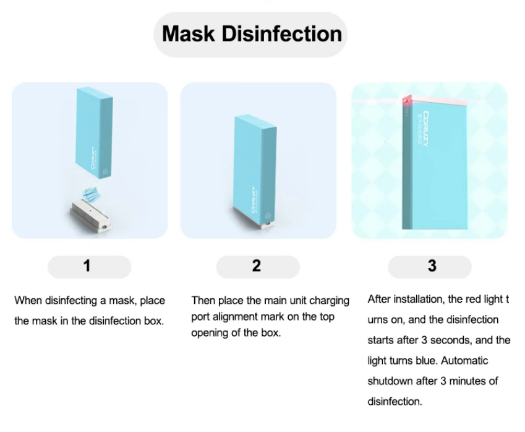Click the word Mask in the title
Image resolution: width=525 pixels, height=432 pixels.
coord(188,34)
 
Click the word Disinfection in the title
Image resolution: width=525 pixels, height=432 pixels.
coord(281,34)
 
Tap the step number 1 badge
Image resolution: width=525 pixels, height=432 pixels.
coord(90,267)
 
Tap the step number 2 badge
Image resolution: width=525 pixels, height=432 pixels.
coord(258,267)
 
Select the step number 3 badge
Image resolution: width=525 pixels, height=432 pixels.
coord(430,267)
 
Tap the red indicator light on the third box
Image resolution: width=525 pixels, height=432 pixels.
coord(407,100)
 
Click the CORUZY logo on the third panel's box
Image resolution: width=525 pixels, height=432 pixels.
coord(425,129)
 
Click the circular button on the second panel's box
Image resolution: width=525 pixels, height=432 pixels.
coord(268,216)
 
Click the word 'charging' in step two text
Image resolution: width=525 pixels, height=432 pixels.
coord(329,301)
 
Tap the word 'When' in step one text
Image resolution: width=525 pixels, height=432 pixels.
coord(28,300)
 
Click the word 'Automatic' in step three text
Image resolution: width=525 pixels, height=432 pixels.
coord(464,361)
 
